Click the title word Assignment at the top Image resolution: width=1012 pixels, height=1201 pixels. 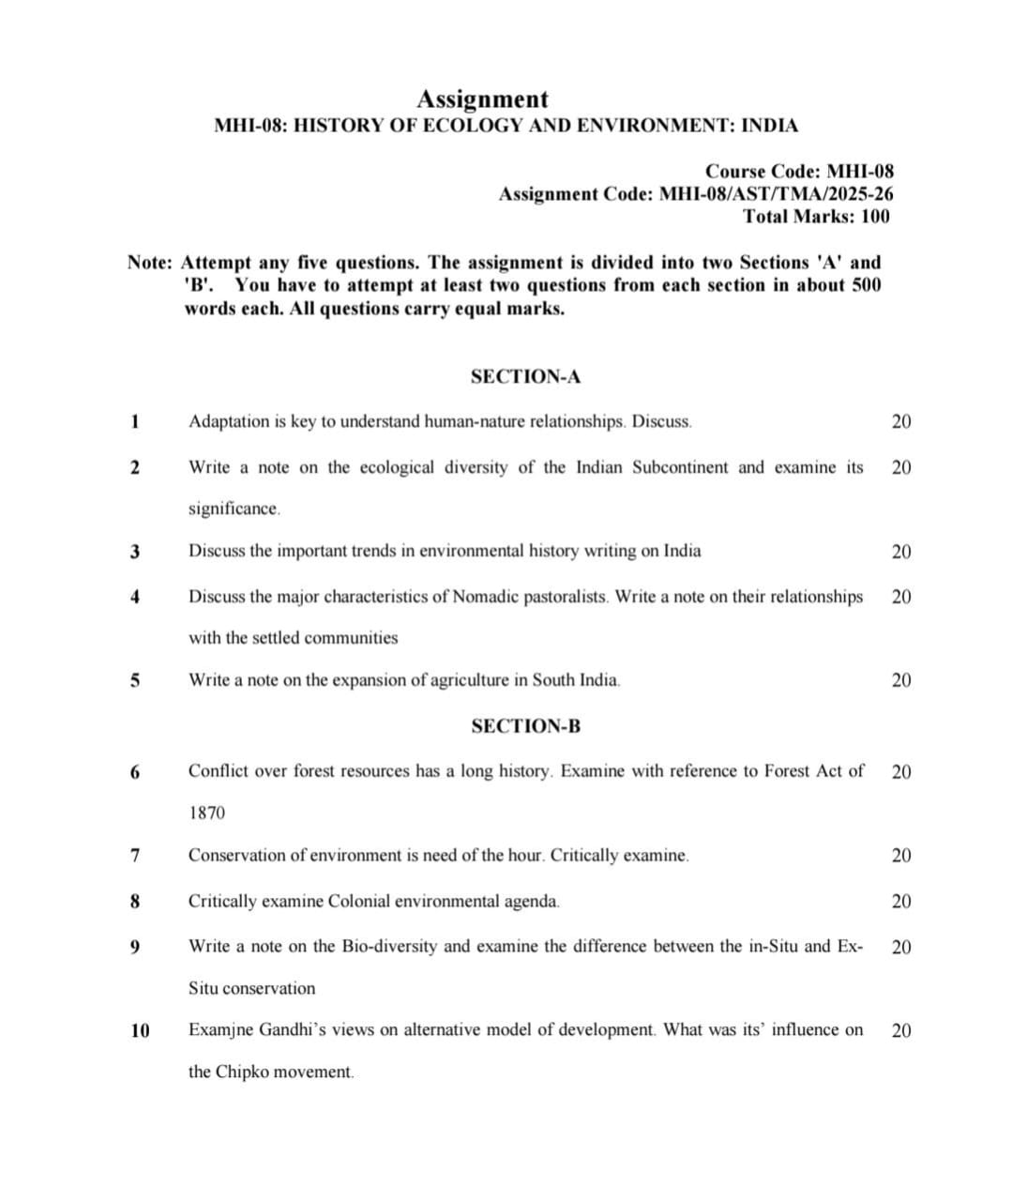pyautogui.click(x=482, y=99)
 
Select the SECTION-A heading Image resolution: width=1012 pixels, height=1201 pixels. pyautogui.click(x=525, y=377)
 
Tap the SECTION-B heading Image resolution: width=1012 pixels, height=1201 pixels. pyautogui.click(x=525, y=726)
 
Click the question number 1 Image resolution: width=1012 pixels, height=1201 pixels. pyautogui.click(x=136, y=421)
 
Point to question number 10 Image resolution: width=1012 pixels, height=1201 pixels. pyautogui.click(x=140, y=1030)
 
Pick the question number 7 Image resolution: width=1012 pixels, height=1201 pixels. pyautogui.click(x=136, y=856)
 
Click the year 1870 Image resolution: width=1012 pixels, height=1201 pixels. pyautogui.click(x=206, y=813)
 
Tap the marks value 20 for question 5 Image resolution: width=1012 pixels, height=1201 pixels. pyautogui.click(x=900, y=680)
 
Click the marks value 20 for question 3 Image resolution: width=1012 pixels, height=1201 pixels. pyautogui.click(x=900, y=552)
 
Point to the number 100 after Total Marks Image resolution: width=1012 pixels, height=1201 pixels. pyautogui.click(x=874, y=217)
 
